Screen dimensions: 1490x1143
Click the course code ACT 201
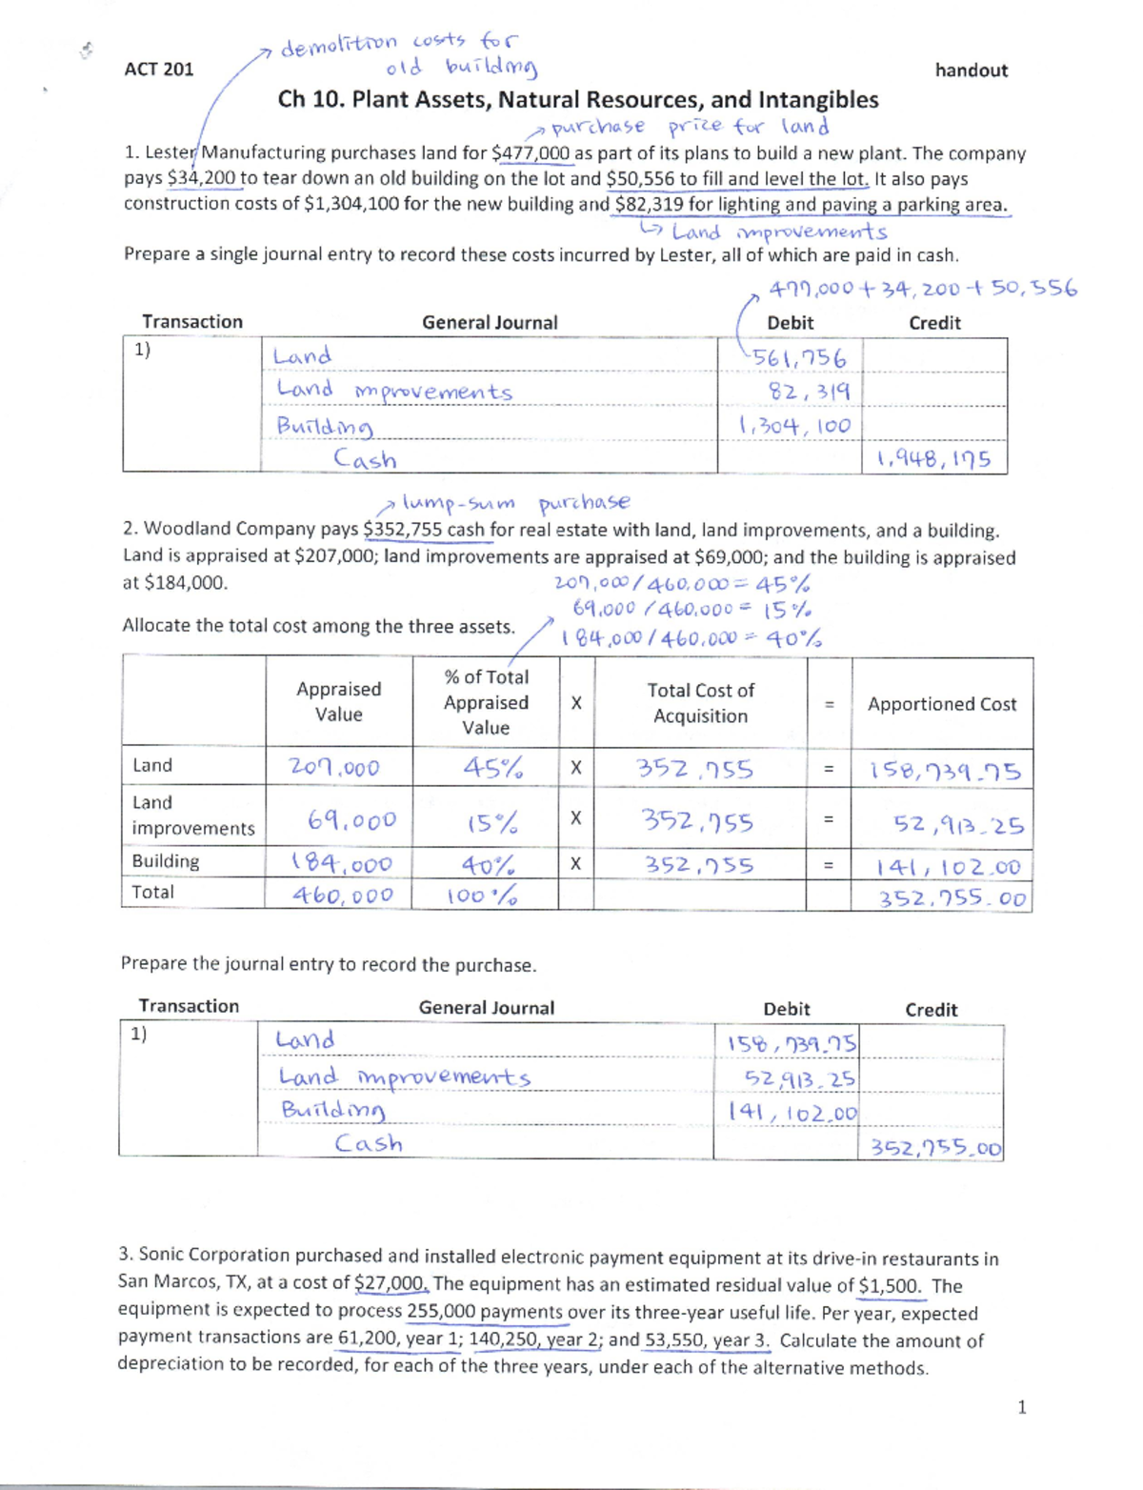coord(158,69)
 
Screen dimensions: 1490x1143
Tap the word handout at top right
coord(971,70)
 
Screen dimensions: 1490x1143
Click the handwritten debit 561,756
coord(798,358)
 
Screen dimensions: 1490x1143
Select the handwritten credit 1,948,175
coord(933,460)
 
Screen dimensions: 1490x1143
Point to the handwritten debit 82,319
coord(810,392)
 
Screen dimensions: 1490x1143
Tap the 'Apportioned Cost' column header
coord(941,704)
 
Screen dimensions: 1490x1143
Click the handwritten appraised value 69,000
coord(351,820)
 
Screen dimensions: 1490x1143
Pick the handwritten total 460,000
coord(342,895)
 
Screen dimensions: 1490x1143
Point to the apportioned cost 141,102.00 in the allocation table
coord(949,867)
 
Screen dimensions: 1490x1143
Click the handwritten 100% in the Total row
coord(482,896)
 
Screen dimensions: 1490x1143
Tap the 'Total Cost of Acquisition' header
coord(700,703)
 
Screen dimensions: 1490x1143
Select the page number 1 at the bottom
coord(1021,1407)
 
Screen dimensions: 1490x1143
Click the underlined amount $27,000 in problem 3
coord(391,1282)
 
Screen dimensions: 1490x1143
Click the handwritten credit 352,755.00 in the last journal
coord(935,1148)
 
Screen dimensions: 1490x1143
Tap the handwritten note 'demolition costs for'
coord(400,44)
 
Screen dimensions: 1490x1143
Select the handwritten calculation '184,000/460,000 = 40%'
coord(692,638)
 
